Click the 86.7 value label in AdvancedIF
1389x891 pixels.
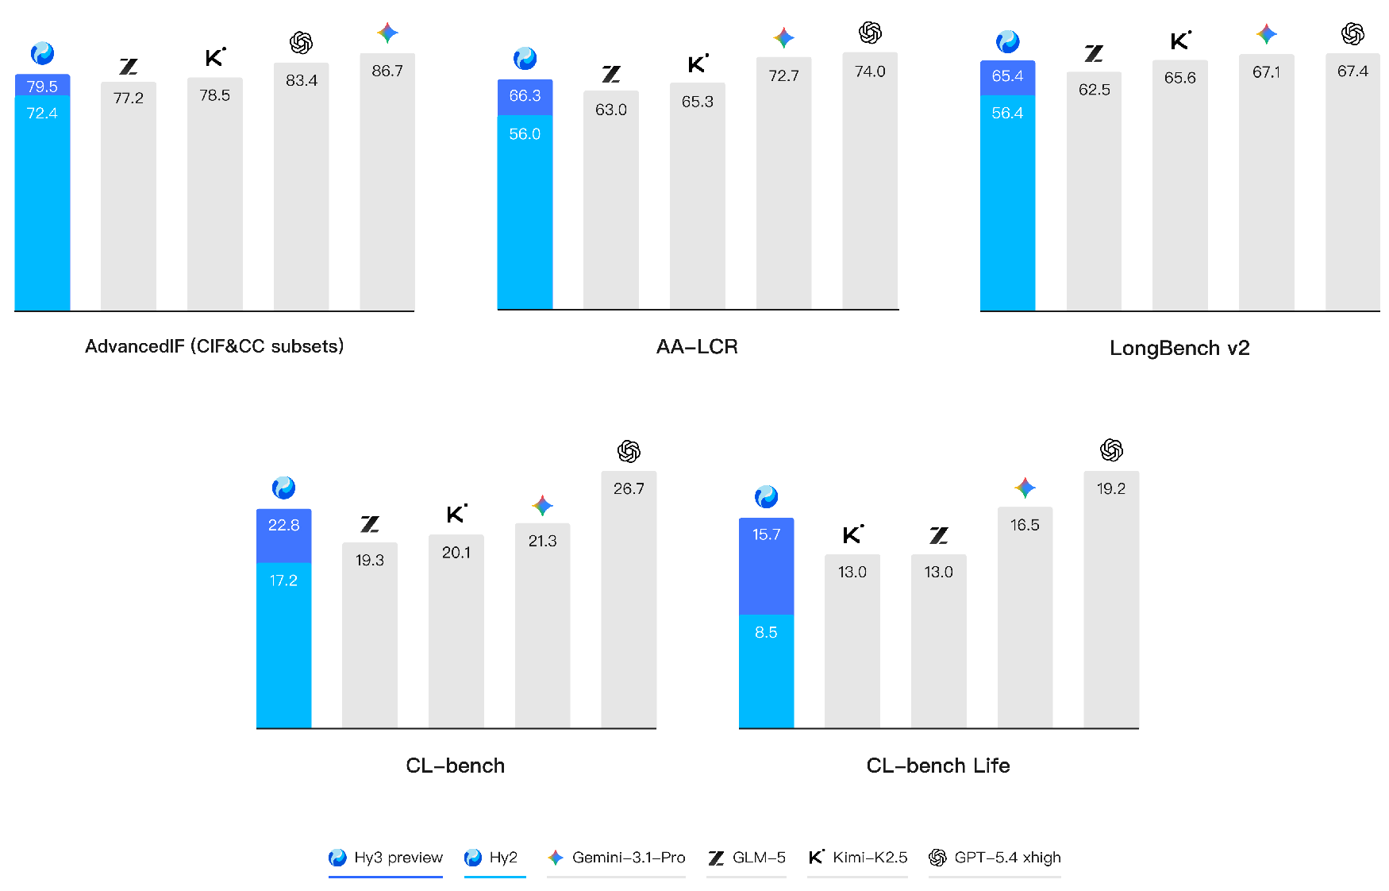point(387,71)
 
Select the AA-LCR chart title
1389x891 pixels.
point(697,347)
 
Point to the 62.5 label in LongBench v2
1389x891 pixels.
point(1094,91)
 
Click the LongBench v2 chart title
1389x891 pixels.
point(1179,349)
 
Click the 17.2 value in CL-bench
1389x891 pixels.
point(283,580)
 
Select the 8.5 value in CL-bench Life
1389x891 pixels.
point(766,633)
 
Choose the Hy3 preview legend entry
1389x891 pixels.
point(387,858)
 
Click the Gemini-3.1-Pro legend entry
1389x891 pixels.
point(617,858)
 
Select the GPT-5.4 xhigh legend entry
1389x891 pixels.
point(995,858)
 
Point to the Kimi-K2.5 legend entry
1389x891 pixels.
point(858,858)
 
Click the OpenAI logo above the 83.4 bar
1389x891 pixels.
point(301,42)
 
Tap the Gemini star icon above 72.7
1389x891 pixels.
point(783,37)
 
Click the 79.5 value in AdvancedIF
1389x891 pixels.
point(42,87)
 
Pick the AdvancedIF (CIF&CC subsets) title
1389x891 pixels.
point(214,346)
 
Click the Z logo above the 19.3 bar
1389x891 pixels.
point(370,524)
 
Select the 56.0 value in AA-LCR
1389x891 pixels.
point(525,134)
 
